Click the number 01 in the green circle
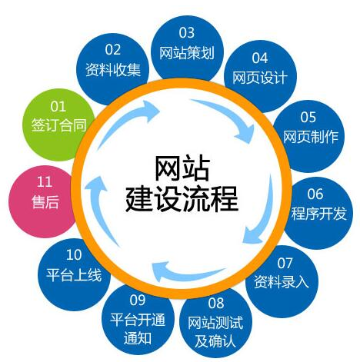pyautogui.click(x=58, y=106)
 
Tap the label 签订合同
pyautogui.click(x=58, y=125)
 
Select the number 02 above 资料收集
pyautogui.click(x=112, y=49)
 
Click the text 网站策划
pyautogui.click(x=187, y=53)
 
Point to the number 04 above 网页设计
pyautogui.click(x=259, y=58)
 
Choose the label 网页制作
pyautogui.click(x=311, y=137)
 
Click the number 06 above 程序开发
pyautogui.click(x=315, y=194)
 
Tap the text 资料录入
pyautogui.click(x=281, y=282)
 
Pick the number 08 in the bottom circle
pyautogui.click(x=216, y=303)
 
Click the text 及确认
pyautogui.click(x=215, y=340)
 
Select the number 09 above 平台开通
pyautogui.click(x=138, y=300)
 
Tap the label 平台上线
pyautogui.click(x=74, y=275)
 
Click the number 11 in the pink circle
pyautogui.click(x=45, y=181)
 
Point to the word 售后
pyautogui.click(x=45, y=201)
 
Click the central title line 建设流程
pyautogui.click(x=182, y=199)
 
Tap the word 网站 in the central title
pyautogui.click(x=182, y=168)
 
